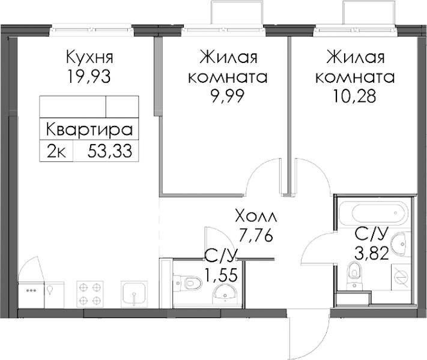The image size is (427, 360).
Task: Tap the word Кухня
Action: click(x=89, y=58)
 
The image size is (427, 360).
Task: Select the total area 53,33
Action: click(x=110, y=151)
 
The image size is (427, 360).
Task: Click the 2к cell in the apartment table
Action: click(x=56, y=152)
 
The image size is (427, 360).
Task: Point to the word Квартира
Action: click(x=89, y=130)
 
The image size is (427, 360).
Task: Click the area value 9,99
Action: click(x=228, y=96)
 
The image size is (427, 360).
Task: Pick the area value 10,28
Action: click(x=354, y=96)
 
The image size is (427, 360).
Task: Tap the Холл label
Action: click(x=256, y=216)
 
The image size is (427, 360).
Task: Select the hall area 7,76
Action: click(x=255, y=235)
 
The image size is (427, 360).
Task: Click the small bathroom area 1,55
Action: click(x=221, y=275)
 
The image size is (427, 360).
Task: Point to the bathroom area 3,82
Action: click(x=371, y=254)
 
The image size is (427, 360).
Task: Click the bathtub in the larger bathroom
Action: click(x=374, y=214)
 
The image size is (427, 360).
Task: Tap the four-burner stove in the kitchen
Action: click(x=90, y=293)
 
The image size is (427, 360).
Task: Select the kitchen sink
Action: click(x=135, y=294)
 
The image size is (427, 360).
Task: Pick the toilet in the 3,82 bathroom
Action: click(x=354, y=275)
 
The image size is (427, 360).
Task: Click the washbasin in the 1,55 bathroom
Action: click(x=225, y=293)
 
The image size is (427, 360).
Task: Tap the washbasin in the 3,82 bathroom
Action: click(x=401, y=244)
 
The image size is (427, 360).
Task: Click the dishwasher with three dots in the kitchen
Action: click(x=31, y=295)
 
